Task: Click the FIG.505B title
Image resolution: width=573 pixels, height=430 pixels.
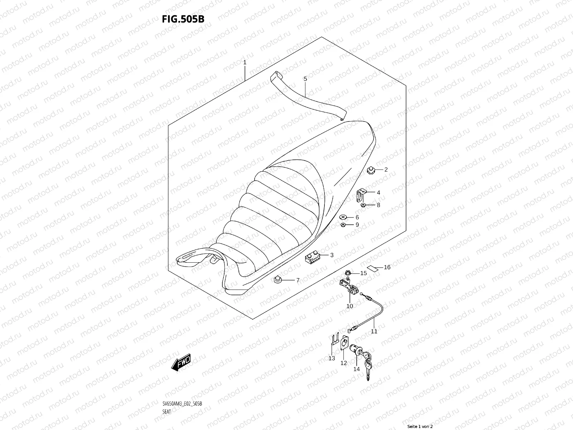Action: (183, 19)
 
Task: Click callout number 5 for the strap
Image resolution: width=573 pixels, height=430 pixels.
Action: (305, 78)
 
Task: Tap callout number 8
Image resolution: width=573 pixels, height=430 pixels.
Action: (378, 205)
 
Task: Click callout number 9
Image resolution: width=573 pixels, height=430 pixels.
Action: (357, 225)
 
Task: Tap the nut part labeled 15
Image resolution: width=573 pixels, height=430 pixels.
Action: (347, 273)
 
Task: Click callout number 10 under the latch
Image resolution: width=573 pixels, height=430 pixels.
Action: (350, 306)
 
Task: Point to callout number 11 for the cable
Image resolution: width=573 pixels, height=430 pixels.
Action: (374, 331)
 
